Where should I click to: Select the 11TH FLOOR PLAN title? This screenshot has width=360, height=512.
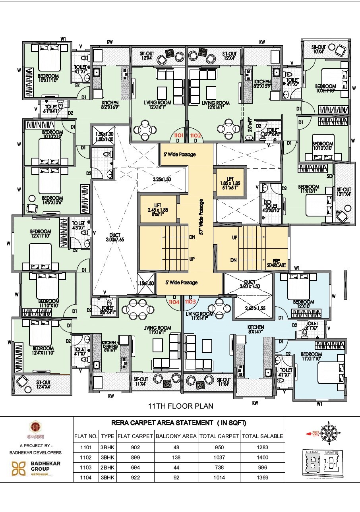[x=180, y=406]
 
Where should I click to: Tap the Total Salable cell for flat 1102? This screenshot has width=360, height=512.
[x=263, y=458]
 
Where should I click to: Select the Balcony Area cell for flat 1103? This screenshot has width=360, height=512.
[x=176, y=468]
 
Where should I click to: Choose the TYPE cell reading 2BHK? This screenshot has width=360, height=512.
[x=107, y=468]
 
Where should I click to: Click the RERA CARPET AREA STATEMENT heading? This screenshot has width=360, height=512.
[x=179, y=423]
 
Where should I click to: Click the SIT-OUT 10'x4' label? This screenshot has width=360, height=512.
[x=319, y=49]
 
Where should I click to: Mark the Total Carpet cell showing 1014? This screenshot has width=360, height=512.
[x=219, y=478]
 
